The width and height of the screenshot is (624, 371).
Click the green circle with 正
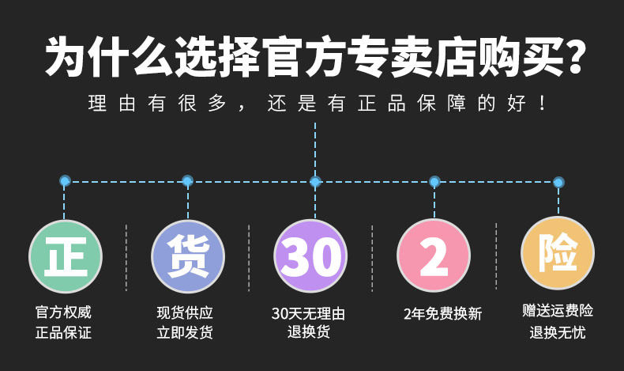pyautogui.click(x=65, y=256)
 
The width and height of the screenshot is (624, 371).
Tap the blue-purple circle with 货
pyautogui.click(x=188, y=256)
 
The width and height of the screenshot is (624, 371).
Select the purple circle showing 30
pyautogui.click(x=311, y=256)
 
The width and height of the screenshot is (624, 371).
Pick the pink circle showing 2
pyautogui.click(x=434, y=256)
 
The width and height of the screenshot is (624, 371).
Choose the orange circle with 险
pyautogui.click(x=558, y=253)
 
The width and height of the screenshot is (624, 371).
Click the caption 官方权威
pyautogui.click(x=63, y=312)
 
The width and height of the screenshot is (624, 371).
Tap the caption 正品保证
pyautogui.click(x=63, y=333)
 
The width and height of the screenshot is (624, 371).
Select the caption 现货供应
pyautogui.click(x=185, y=312)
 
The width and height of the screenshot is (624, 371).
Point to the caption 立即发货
pyautogui.click(x=185, y=333)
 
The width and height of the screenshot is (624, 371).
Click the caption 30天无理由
pyautogui.click(x=308, y=313)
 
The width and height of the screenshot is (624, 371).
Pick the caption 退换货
pyautogui.click(x=308, y=331)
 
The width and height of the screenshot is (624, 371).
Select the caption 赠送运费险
pyautogui.click(x=558, y=310)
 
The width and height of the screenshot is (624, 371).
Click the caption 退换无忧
pyautogui.click(x=558, y=332)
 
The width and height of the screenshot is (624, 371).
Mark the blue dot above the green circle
pyautogui.click(x=65, y=181)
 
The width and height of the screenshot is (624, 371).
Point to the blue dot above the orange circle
pyautogui.click(x=558, y=181)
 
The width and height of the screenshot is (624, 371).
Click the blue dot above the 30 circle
pyautogui.click(x=315, y=181)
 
